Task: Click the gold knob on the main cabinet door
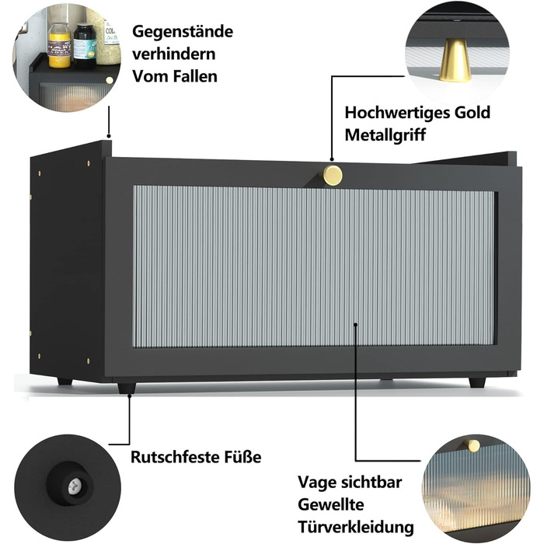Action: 332,175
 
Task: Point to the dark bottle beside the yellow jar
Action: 85,46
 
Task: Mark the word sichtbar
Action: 371,483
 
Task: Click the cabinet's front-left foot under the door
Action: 127,386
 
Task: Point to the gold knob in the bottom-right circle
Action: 473,445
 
